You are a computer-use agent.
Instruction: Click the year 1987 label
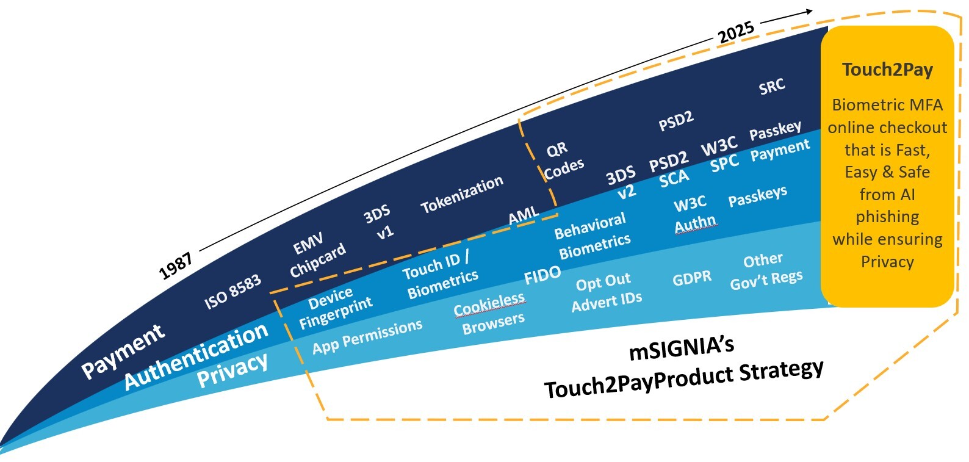pyautogui.click(x=176, y=265)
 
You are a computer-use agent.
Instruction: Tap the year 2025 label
pyautogui.click(x=736, y=32)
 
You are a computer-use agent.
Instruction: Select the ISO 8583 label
pyautogui.click(x=232, y=292)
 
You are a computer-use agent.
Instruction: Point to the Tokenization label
pyautogui.click(x=462, y=194)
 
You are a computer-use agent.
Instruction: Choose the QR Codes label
pyautogui.click(x=562, y=161)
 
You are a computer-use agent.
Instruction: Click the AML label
pyautogui.click(x=524, y=215)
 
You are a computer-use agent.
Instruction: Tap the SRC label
pyautogui.click(x=771, y=87)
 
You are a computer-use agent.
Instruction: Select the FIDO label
pyautogui.click(x=542, y=275)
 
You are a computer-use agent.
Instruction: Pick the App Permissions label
pyautogui.click(x=367, y=336)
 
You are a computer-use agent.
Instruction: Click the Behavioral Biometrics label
pyautogui.click(x=592, y=236)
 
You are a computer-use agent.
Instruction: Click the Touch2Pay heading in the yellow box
pyautogui.click(x=887, y=70)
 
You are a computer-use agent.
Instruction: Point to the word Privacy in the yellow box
pyautogui.click(x=887, y=262)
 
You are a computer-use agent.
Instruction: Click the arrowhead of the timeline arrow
pyautogui.click(x=809, y=11)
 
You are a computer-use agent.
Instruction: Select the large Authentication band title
pyautogui.click(x=196, y=356)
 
